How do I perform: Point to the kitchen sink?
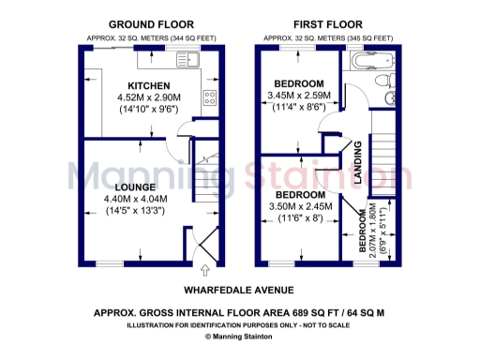tap(191, 62)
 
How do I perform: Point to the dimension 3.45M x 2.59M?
tap(297, 96)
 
